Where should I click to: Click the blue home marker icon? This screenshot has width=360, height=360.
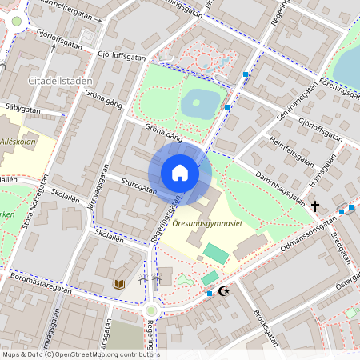(180, 173)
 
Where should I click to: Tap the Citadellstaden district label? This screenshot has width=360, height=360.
(59, 81)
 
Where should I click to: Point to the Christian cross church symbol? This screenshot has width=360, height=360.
(314, 206)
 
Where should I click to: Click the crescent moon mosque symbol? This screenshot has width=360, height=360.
(223, 292)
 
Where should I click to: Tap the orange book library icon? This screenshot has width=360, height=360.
(119, 283)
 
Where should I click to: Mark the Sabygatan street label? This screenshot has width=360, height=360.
(22, 106)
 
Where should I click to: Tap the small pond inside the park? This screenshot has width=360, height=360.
(199, 102)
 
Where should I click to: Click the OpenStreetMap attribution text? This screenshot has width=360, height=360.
(80, 354)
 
